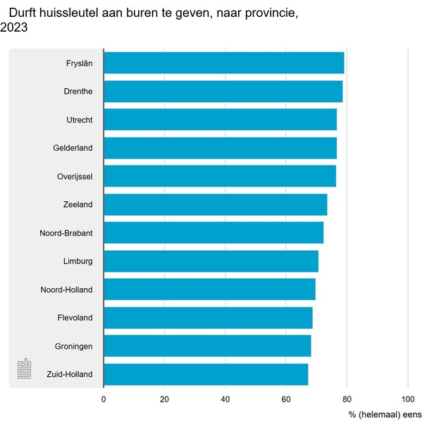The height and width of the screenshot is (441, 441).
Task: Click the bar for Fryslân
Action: tap(223, 63)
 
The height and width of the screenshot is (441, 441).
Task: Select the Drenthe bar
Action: tap(223, 92)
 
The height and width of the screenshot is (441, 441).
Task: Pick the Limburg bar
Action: tap(211, 261)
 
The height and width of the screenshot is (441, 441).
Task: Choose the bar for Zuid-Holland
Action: tap(206, 374)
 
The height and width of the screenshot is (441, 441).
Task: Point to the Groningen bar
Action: tap(207, 346)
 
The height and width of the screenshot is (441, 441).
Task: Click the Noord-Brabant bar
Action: tap(213, 232)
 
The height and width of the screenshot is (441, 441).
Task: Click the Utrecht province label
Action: tap(79, 120)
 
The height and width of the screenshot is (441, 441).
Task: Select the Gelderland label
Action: tap(73, 148)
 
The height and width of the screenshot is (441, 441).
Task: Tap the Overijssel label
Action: tap(75, 176)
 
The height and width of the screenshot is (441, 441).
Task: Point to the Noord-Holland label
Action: tap(66, 290)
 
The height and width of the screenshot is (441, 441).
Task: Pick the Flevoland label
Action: tap(75, 318)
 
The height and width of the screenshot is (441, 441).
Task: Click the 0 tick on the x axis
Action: tap(104, 399)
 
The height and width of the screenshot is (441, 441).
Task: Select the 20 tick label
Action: tap(164, 399)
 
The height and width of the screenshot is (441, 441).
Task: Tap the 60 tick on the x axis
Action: tap(286, 399)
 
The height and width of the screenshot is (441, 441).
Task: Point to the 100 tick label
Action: tap(408, 399)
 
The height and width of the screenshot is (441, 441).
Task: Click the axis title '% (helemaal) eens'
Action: tap(385, 414)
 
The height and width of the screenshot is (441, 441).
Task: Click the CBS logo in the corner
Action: tap(25, 369)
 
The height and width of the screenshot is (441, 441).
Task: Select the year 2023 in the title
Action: tap(14, 28)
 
